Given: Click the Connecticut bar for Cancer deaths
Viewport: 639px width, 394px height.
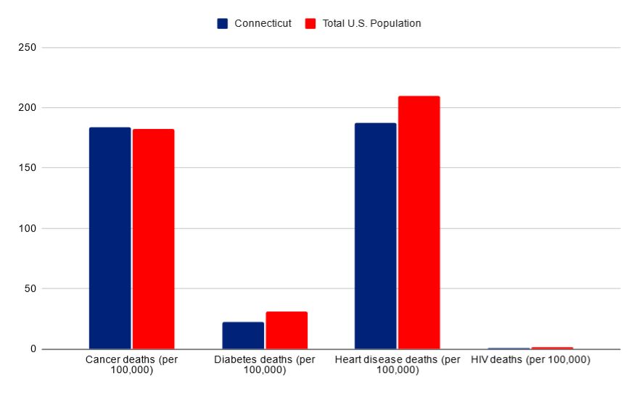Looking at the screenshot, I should click(110, 238).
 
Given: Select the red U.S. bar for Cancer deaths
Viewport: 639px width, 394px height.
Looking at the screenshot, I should click(153, 239).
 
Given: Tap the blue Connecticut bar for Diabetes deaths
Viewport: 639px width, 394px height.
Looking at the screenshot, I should click(243, 335).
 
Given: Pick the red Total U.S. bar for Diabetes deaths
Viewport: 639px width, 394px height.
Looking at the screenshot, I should click(286, 330).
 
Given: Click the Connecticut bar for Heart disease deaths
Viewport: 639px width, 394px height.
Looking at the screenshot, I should click(376, 236).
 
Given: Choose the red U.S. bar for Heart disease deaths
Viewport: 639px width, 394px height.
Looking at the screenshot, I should click(419, 222).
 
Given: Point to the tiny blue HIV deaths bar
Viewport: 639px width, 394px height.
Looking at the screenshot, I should click(508, 348).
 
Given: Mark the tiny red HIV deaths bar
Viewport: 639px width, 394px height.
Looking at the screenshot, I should click(552, 348).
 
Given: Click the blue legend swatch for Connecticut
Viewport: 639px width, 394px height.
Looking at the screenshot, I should click(223, 23).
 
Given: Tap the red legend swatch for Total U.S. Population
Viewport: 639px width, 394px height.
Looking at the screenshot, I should click(310, 23).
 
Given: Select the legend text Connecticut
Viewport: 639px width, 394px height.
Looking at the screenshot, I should click(263, 23).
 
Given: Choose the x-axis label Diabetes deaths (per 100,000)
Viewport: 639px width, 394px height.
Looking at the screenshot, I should click(265, 364).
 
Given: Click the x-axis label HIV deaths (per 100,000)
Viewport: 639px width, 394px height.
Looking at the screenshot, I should click(530, 359).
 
